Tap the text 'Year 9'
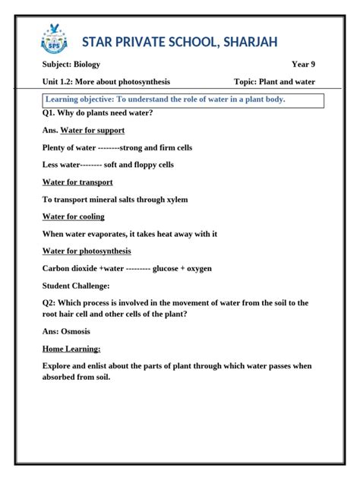pos(303,65)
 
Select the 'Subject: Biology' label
pos(71,65)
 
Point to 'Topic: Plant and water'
pos(274,82)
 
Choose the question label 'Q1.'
pos(49,113)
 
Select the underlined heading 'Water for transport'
pos(77,182)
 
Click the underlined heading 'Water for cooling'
pos(73,216)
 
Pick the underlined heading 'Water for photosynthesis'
pos(87,251)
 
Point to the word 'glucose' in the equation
pos(166,269)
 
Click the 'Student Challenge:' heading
pos(76,286)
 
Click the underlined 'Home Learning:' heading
pos(71,349)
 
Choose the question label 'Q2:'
pos(50,303)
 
